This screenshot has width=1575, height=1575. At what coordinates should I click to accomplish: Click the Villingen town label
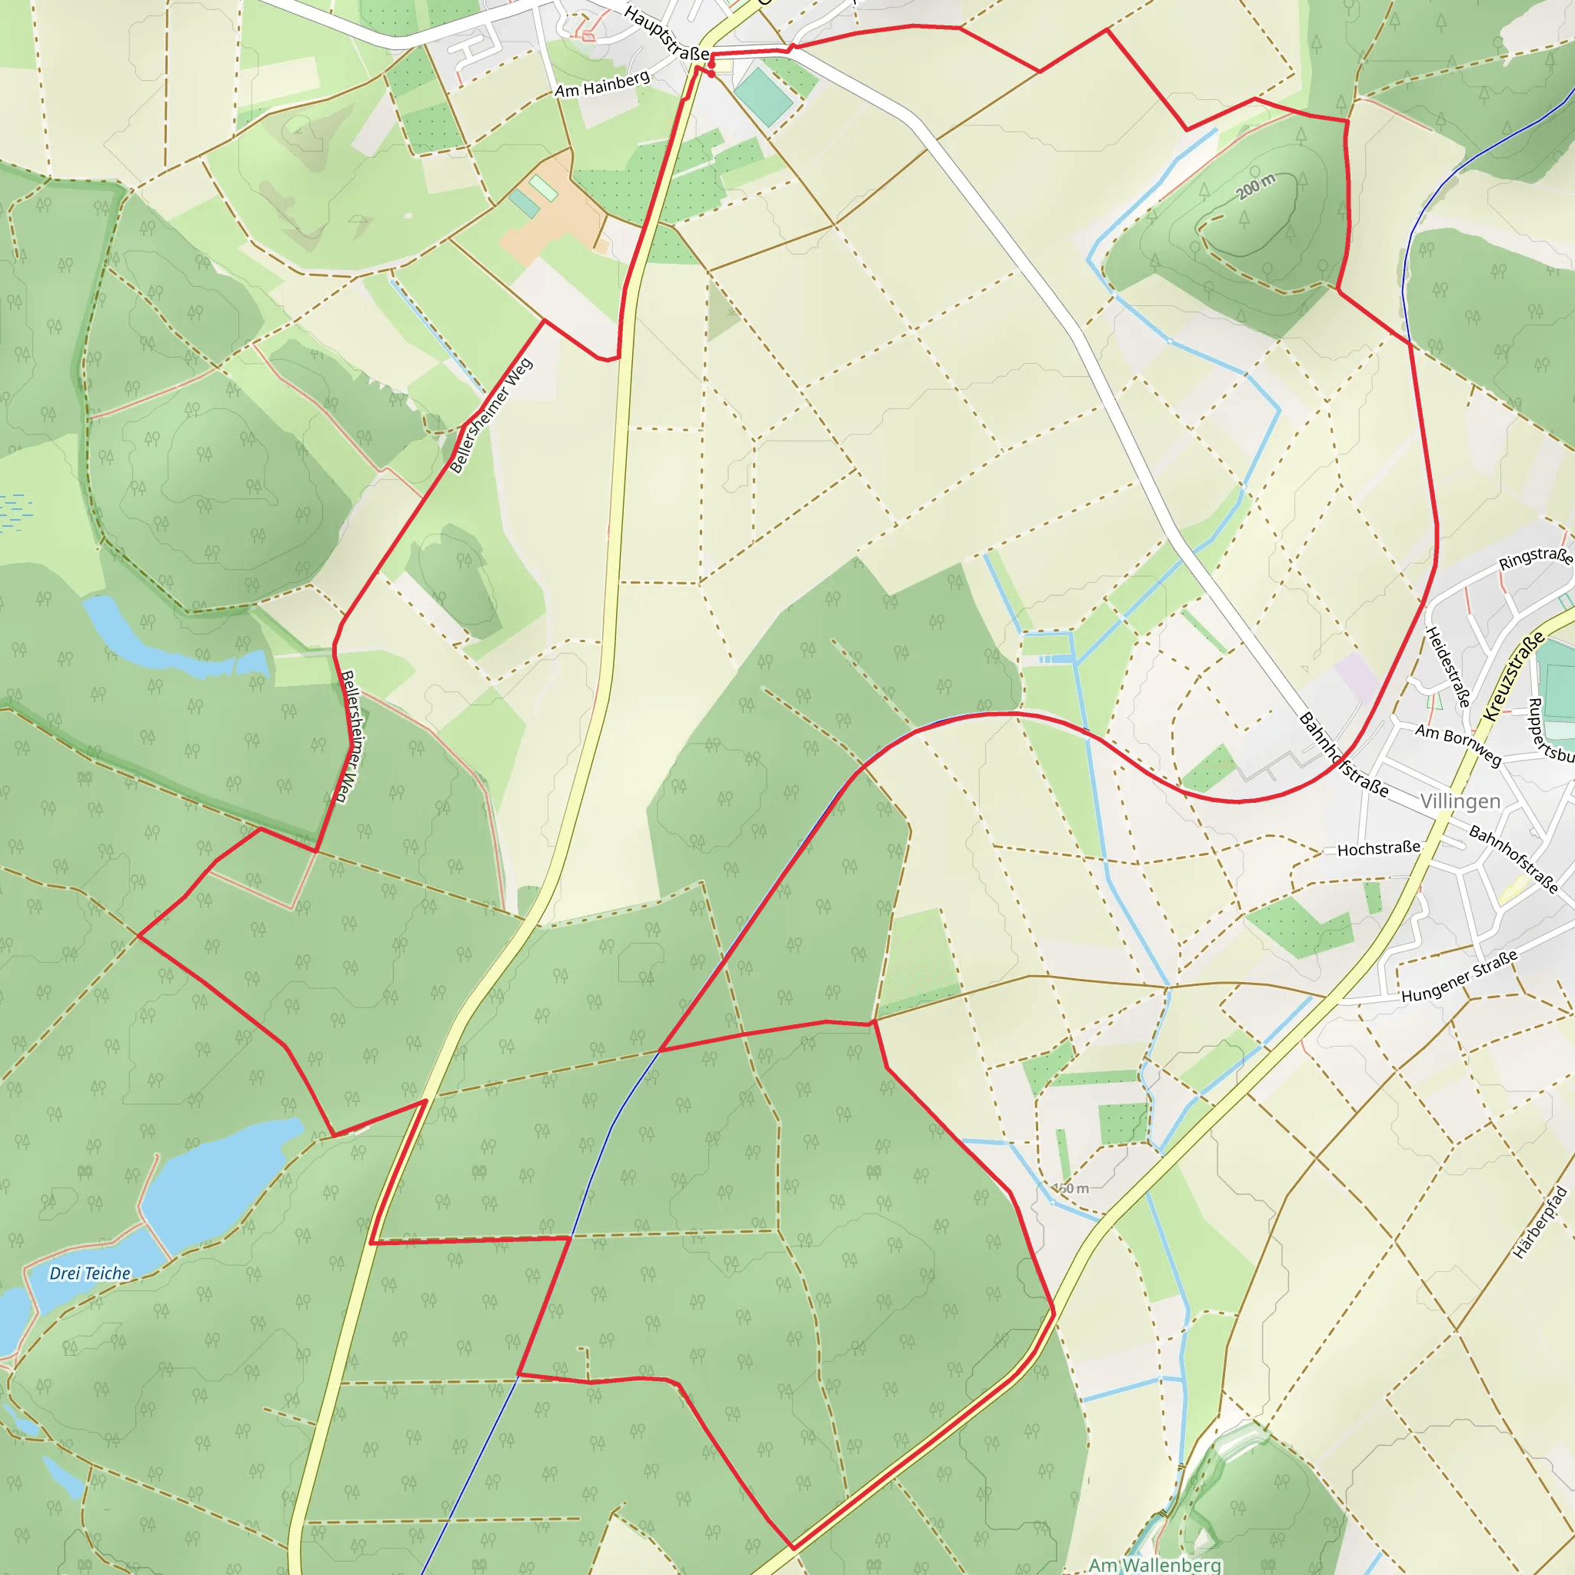(1460, 801)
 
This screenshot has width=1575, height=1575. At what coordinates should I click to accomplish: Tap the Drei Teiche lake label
(90, 1274)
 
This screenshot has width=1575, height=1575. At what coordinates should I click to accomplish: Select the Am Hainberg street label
(602, 84)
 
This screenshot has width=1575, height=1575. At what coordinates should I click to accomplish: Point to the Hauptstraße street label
(666, 33)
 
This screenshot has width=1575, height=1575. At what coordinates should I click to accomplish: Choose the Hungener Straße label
(1459, 976)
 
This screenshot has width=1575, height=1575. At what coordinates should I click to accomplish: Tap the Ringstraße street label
(1535, 558)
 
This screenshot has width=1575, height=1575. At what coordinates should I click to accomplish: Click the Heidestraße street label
(1448, 667)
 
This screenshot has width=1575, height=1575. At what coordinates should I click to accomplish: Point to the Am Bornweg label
(1457, 744)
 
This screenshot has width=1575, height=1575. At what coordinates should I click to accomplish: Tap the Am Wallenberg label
(1154, 1564)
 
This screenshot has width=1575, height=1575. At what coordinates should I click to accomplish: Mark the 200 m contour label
(1255, 187)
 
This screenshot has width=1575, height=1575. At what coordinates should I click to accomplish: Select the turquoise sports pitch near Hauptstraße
(763, 97)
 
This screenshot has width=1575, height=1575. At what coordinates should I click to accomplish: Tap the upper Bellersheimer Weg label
(491, 416)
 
